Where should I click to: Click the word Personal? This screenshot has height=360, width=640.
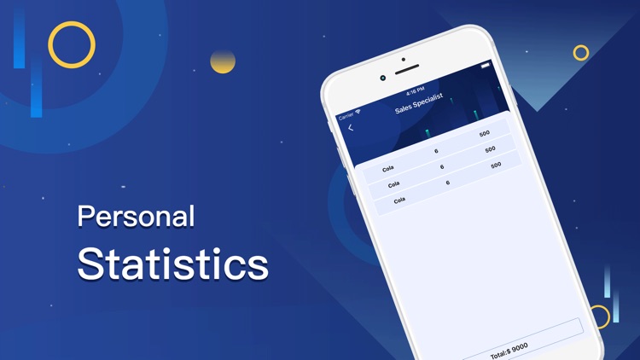[136, 217]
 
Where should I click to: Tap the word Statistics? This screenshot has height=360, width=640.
[172, 264]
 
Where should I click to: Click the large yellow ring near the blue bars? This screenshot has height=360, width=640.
[72, 44]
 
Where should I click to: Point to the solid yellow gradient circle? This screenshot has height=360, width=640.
[223, 61]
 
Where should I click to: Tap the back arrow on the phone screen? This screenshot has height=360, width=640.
[351, 128]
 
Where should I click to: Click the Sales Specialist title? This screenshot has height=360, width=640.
[418, 103]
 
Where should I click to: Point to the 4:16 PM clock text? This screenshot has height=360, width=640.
[416, 90]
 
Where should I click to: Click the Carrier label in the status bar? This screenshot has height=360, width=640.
[346, 115]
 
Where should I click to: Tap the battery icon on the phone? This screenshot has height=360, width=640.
[486, 66]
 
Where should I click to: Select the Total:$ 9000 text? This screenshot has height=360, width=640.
[509, 350]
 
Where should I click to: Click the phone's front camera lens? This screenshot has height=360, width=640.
[383, 78]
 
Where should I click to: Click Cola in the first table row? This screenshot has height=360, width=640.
[388, 169]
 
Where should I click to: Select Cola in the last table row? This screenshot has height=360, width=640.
[399, 200]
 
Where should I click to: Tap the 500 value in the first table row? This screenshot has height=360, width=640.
[485, 134]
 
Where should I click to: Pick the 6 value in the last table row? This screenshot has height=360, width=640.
[448, 183]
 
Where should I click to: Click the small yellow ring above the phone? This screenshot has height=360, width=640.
[581, 53]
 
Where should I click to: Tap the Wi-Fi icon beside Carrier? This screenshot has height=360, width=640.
[358, 112]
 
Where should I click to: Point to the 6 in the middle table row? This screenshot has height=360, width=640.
[442, 167]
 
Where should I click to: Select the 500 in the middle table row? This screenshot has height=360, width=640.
[490, 149]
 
